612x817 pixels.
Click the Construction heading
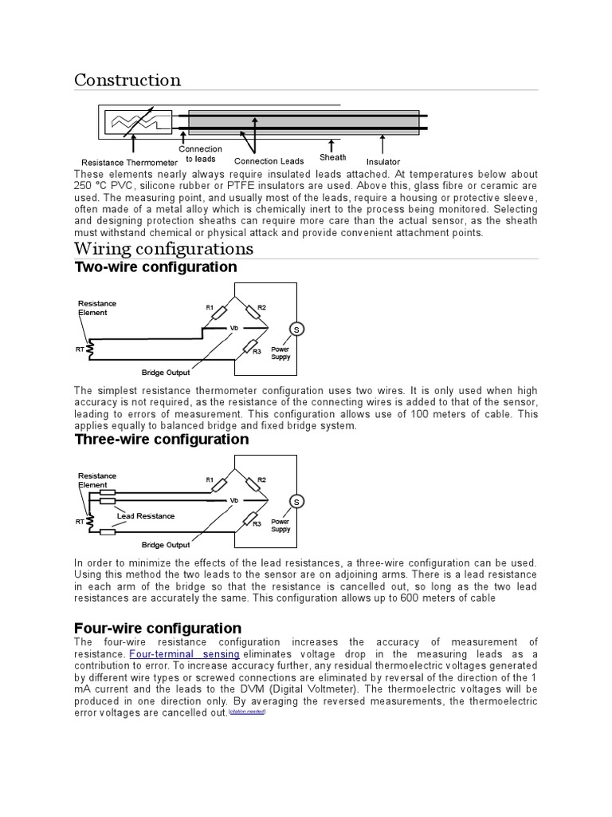point(127,80)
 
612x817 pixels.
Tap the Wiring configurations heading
point(163,248)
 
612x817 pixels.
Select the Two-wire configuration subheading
point(155,267)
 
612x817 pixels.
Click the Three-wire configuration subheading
point(162,440)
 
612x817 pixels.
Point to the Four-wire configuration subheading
point(158,628)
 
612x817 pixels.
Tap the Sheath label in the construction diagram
point(333,157)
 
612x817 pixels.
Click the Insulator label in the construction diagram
point(383,162)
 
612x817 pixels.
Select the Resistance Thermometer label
point(129,162)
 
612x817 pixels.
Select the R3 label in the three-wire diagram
point(257,523)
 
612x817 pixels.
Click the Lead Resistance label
point(146,516)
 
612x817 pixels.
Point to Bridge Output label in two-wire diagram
point(166,373)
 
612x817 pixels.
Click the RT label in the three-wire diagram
point(80,521)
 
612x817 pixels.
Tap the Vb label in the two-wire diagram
point(234,328)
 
